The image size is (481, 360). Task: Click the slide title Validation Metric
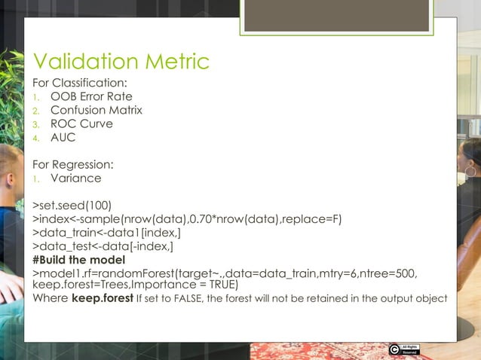[x=121, y=62]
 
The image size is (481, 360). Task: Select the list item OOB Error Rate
[x=91, y=96]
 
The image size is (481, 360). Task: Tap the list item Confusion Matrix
[x=96, y=110]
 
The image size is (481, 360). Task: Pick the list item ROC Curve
[x=81, y=124]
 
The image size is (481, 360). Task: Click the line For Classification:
[x=79, y=82]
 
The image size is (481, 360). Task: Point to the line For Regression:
[x=73, y=164]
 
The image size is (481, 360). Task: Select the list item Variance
[x=76, y=178]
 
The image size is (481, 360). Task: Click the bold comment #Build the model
[x=78, y=260]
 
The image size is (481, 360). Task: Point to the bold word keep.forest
[x=100, y=298]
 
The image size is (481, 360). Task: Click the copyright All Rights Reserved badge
[x=403, y=349]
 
